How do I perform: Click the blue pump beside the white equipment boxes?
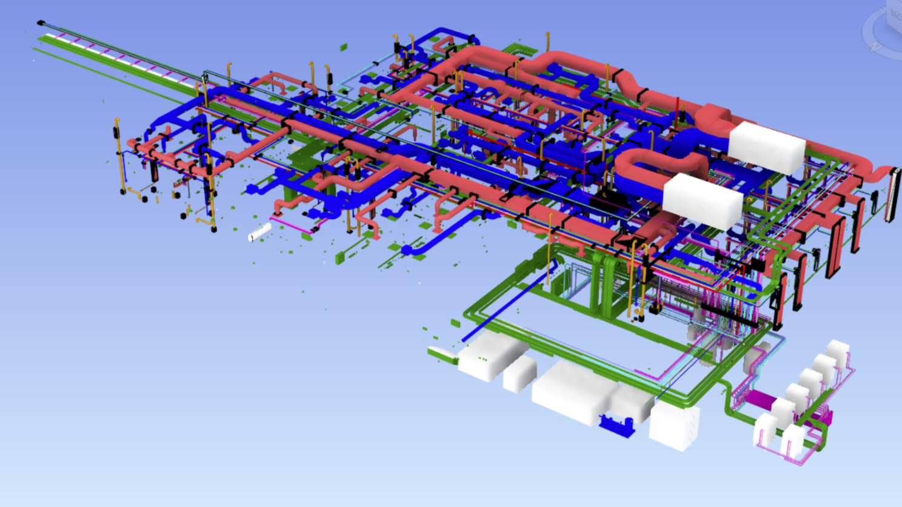[616, 423]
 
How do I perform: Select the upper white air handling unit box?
[766, 148]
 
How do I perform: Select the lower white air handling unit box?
[702, 202]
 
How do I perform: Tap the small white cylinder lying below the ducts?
[259, 232]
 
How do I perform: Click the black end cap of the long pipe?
[41, 23]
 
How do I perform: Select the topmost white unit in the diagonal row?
[838, 353]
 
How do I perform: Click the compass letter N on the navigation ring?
[874, 46]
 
